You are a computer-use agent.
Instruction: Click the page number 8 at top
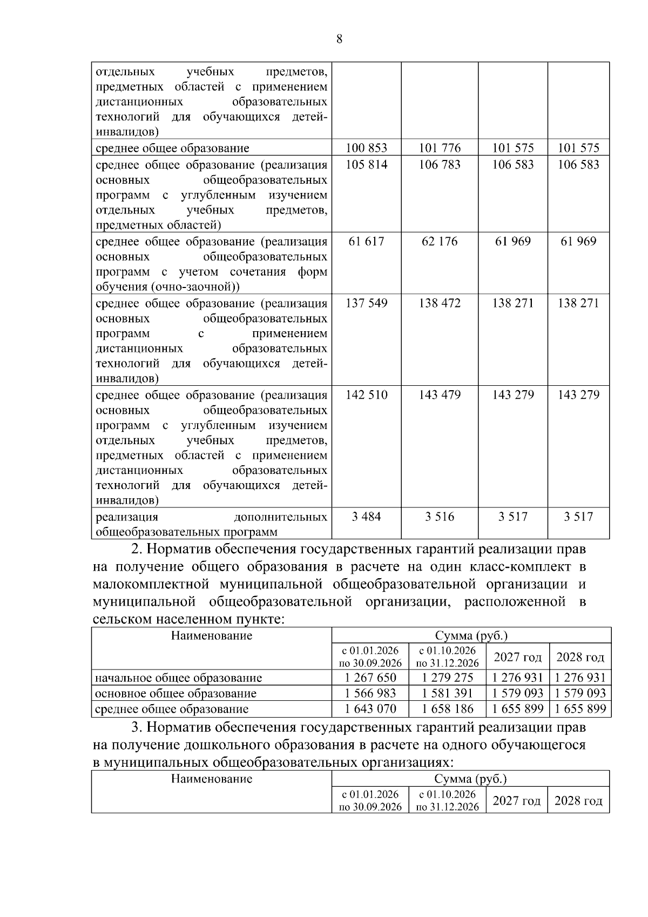coord(339,39)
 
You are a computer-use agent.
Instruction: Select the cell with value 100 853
coord(366,148)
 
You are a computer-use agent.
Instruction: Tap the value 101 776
coord(440,148)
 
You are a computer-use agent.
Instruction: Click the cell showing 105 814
coord(366,164)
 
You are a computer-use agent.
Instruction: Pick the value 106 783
coord(440,164)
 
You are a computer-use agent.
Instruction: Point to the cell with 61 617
coord(366,241)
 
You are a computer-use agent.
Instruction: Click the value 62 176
coord(440,241)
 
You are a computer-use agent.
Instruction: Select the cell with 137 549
coord(366,303)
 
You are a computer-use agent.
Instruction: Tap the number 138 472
coord(440,303)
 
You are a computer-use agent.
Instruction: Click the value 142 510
coord(366,394)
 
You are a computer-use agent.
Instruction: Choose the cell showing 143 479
coord(440,394)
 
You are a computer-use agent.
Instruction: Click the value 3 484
coord(366,517)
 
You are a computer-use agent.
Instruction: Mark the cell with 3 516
coord(440,517)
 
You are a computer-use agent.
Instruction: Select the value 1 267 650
coord(370,678)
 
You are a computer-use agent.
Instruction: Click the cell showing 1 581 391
coord(448,693)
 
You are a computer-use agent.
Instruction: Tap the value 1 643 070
coord(370,709)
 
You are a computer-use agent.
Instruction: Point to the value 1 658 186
coord(448,709)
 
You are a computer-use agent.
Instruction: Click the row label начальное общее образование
coord(178,678)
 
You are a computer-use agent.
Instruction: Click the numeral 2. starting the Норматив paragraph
coord(137,550)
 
